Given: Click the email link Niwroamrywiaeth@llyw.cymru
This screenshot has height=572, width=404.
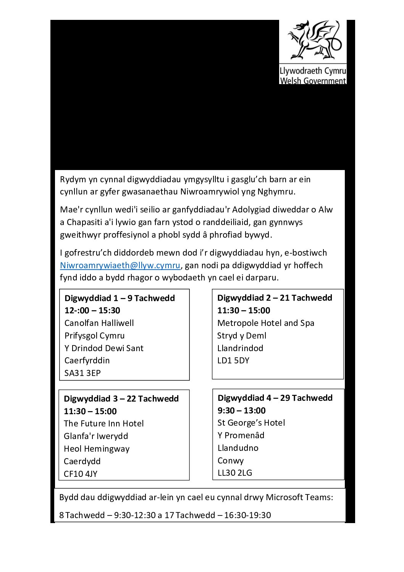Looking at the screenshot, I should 120,265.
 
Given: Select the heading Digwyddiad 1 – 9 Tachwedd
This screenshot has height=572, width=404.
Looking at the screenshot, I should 120,298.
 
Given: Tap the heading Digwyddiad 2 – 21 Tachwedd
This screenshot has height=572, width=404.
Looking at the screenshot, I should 275,298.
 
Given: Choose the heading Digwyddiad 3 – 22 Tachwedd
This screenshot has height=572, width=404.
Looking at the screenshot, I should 121,399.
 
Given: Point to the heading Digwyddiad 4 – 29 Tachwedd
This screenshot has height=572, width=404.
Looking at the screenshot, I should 275,398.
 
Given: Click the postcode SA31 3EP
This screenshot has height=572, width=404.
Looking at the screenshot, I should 82,373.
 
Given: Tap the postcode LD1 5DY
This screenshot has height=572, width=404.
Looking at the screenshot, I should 233,360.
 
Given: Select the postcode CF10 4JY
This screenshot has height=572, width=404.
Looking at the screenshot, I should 81,474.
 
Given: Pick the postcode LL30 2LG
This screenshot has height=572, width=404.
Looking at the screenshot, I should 235,473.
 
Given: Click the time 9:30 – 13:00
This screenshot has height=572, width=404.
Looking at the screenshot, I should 241,410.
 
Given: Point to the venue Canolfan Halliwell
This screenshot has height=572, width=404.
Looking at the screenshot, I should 99,323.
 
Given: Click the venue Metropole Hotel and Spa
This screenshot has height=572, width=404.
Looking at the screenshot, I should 266,323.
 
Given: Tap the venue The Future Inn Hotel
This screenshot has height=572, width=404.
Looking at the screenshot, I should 104,423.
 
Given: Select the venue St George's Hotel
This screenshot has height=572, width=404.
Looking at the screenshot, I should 251,423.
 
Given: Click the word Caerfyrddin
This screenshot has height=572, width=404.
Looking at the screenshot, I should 87,360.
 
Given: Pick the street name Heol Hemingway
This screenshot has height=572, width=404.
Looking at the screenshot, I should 97,449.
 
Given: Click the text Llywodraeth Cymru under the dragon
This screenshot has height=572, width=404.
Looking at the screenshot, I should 313,71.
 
